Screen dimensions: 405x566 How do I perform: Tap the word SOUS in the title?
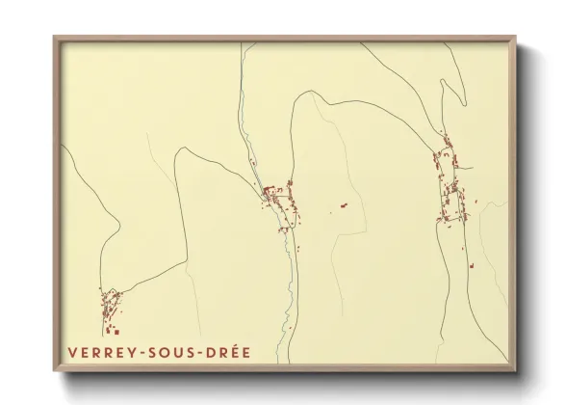pyautogui.click(x=173, y=352)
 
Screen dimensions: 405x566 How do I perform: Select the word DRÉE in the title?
pyautogui.click(x=229, y=352)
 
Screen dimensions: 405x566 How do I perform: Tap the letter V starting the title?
pyautogui.click(x=73, y=352)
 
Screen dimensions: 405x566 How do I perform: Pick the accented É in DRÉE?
pyautogui.click(x=235, y=352)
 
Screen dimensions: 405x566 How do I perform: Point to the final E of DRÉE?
pyautogui.click(x=246, y=352)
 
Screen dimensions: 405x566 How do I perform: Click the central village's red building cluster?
pyautogui.click(x=277, y=198)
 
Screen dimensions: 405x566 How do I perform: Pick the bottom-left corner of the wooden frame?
pyautogui.click(x=55, y=370)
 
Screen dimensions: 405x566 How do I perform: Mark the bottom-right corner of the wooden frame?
pyautogui.click(x=515, y=370)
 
